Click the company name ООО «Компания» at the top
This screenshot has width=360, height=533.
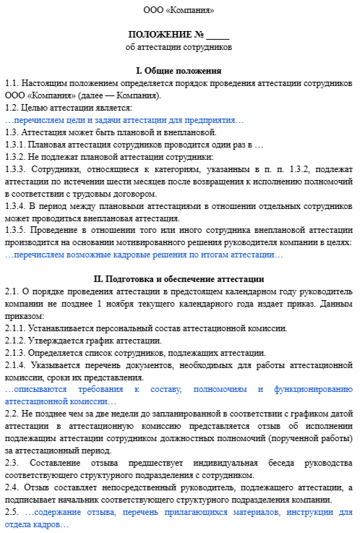click(179, 11)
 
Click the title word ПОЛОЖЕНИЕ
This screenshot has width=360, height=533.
click(160, 35)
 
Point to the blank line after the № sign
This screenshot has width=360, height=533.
click(218, 36)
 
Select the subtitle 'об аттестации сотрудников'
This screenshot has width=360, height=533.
click(179, 47)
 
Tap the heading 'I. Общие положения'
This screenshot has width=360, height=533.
click(179, 71)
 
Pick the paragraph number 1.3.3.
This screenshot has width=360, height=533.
click(17, 169)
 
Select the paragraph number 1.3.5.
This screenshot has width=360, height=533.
click(17, 231)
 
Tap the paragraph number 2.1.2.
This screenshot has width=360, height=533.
click(17, 340)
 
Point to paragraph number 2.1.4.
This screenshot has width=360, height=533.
click(17, 366)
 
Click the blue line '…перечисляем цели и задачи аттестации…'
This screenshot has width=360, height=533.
click(124, 120)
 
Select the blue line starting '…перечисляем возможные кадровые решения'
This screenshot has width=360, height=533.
click(144, 255)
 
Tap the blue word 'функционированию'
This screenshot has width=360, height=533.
click(315, 389)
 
